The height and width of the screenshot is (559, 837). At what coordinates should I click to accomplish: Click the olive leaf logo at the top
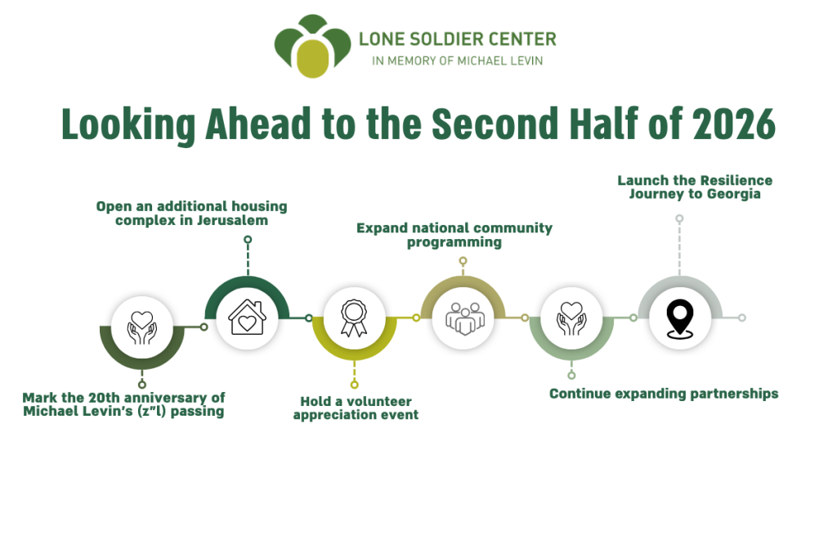coord(312,46)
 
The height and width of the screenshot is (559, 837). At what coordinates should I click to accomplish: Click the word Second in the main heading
coord(495,124)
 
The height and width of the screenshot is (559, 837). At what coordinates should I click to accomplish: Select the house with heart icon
coord(247,318)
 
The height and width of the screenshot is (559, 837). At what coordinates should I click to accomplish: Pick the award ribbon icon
coord(353,318)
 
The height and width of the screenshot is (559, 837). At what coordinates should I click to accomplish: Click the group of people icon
coord(465,319)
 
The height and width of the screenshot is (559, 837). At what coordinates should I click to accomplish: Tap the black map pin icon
coord(680,319)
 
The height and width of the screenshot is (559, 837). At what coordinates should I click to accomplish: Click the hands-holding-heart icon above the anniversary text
coord(142,327)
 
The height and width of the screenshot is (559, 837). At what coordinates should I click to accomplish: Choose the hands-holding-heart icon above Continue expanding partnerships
coord(571,318)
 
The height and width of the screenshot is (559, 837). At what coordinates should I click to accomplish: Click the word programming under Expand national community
coord(454,242)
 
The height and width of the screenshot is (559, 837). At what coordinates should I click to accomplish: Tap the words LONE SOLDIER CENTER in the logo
coord(458,39)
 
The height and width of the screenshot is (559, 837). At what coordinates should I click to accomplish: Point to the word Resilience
coord(734,180)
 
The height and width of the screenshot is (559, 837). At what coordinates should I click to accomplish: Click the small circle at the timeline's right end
coord(741,318)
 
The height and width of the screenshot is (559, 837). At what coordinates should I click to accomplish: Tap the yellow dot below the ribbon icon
coord(354,384)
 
